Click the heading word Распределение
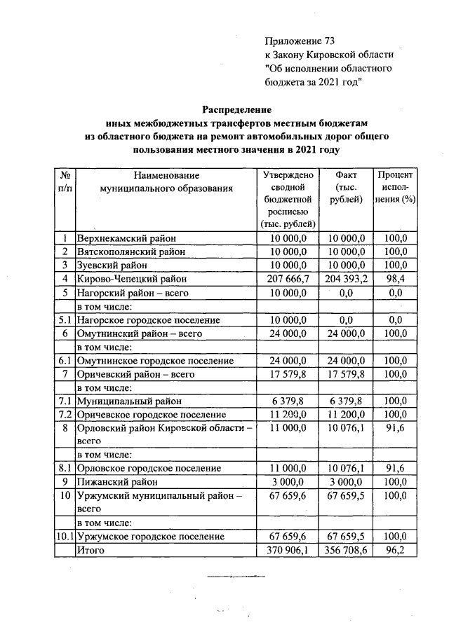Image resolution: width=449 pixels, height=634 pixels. (236, 109)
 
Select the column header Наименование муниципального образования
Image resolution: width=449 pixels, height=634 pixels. (166, 181)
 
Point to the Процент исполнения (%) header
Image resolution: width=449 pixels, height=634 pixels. (395, 187)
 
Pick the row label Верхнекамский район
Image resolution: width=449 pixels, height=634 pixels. (127, 238)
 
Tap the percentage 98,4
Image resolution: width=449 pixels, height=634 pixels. (395, 278)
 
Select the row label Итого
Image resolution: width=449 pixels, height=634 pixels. (91, 551)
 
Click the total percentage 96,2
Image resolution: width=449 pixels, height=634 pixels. (395, 551)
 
